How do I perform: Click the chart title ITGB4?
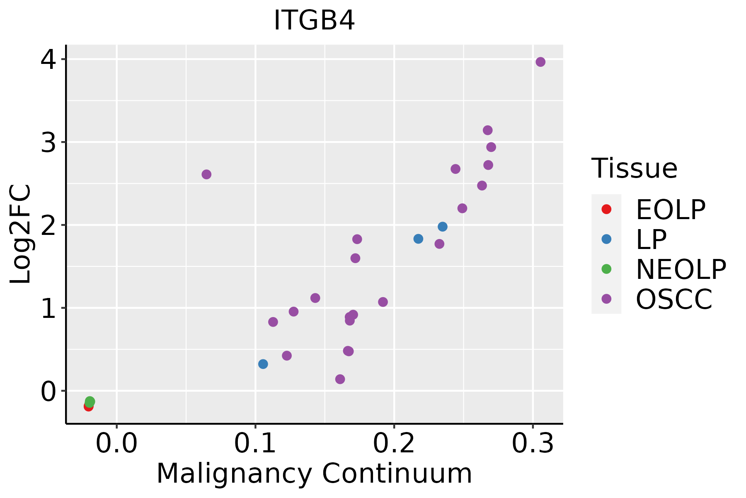(314, 20)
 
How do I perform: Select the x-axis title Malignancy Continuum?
(314, 474)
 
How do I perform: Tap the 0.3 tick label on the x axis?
(533, 444)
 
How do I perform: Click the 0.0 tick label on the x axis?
(116, 444)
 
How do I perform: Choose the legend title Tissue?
(634, 168)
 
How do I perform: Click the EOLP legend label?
(671, 210)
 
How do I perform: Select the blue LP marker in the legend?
(606, 239)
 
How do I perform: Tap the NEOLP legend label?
(681, 269)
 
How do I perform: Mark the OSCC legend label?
(674, 299)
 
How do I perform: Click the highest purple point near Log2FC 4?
(540, 62)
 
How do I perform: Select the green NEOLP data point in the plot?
(90, 401)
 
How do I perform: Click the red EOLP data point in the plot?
(88, 406)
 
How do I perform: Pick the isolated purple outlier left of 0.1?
(206, 174)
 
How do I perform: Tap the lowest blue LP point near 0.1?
(263, 364)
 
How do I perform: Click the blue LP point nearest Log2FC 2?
(443, 227)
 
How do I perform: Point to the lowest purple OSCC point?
(340, 379)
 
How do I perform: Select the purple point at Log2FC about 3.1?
(488, 130)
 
